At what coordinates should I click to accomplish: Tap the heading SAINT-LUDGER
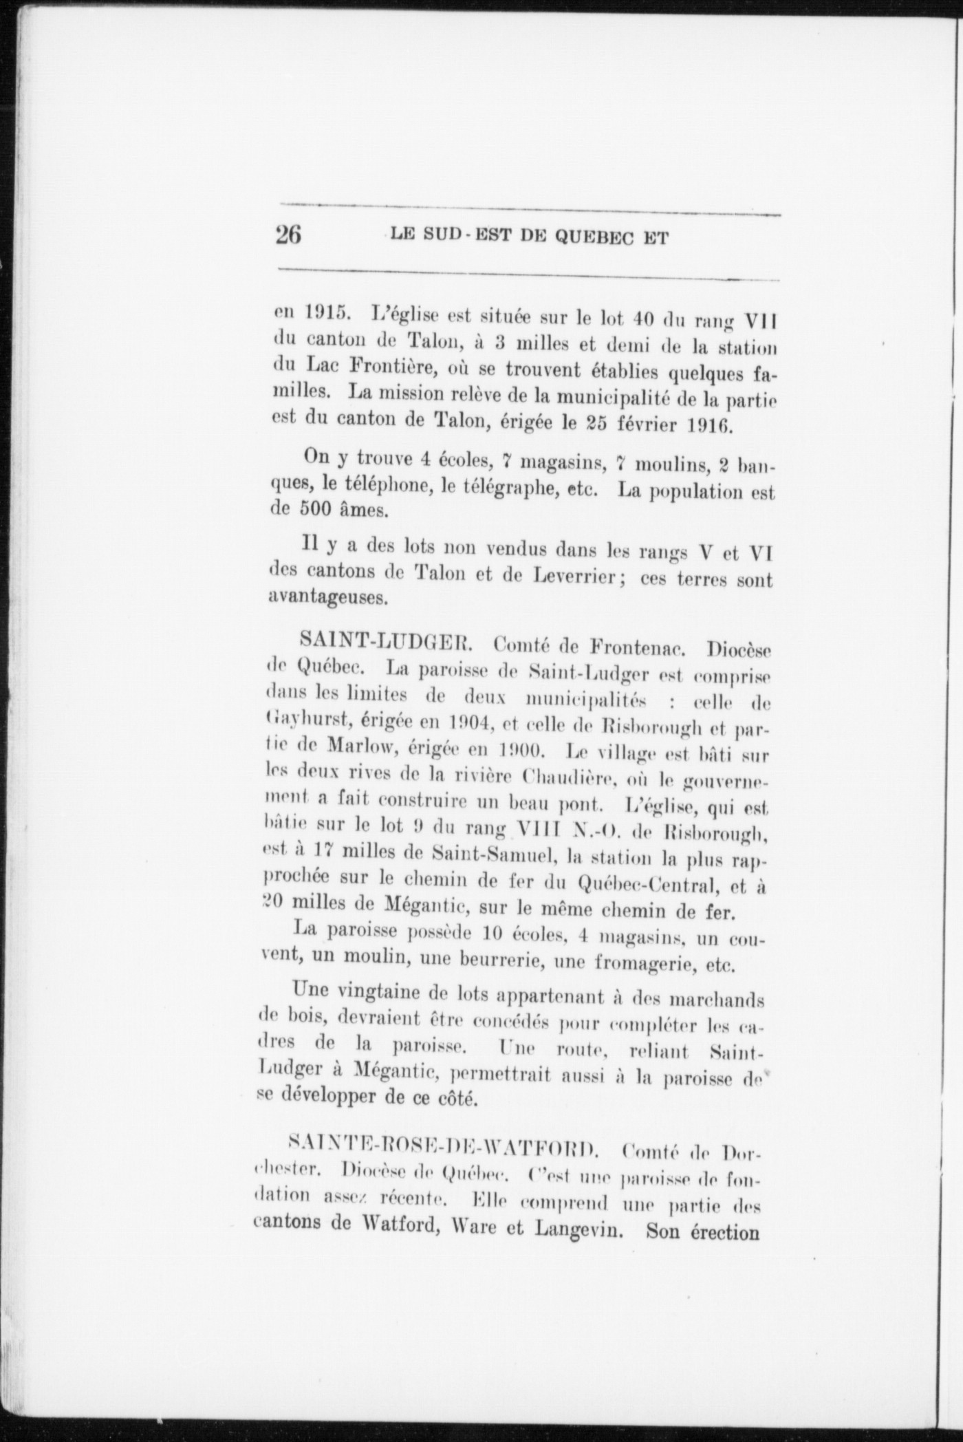click(x=384, y=644)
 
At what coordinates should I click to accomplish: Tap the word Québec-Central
click(x=638, y=883)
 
